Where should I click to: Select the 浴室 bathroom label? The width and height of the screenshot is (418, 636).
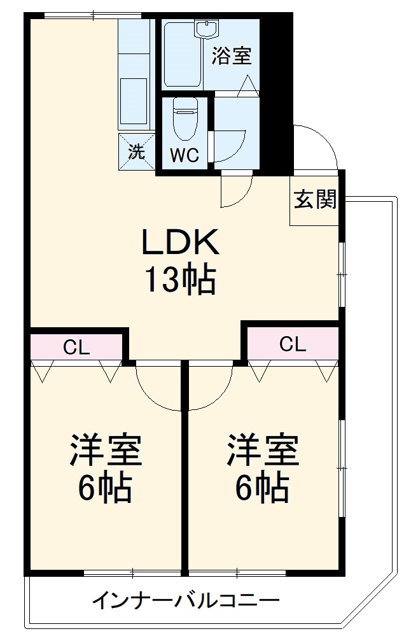(232, 56)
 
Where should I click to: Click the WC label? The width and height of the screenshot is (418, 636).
(185, 155)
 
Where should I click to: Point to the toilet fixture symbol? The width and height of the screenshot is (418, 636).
(185, 119)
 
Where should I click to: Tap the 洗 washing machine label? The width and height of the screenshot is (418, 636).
(137, 152)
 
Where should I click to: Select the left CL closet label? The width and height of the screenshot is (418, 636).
(76, 348)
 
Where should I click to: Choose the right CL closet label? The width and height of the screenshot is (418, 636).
(293, 344)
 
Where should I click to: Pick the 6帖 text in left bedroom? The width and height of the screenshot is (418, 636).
(106, 489)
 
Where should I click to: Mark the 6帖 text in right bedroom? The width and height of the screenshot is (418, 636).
(263, 489)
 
